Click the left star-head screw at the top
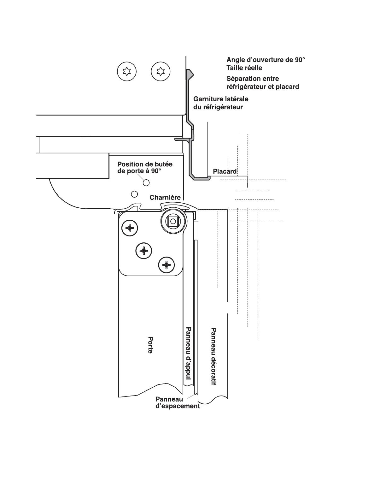(126, 72)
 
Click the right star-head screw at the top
(161, 71)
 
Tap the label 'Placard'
(225, 171)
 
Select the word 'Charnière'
(165, 198)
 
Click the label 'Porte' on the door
(151, 345)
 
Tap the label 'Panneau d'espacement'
(177, 402)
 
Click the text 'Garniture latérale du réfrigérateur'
(220, 103)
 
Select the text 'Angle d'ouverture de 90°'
(266, 60)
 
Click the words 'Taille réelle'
(244, 68)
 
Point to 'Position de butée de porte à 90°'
(145, 167)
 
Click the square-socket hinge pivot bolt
(172, 221)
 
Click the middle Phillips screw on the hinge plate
(143, 251)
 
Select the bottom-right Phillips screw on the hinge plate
(166, 265)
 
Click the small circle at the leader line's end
(146, 182)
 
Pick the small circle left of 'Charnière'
(134, 194)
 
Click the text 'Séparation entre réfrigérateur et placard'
(262, 82)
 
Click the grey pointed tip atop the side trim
(189, 74)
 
